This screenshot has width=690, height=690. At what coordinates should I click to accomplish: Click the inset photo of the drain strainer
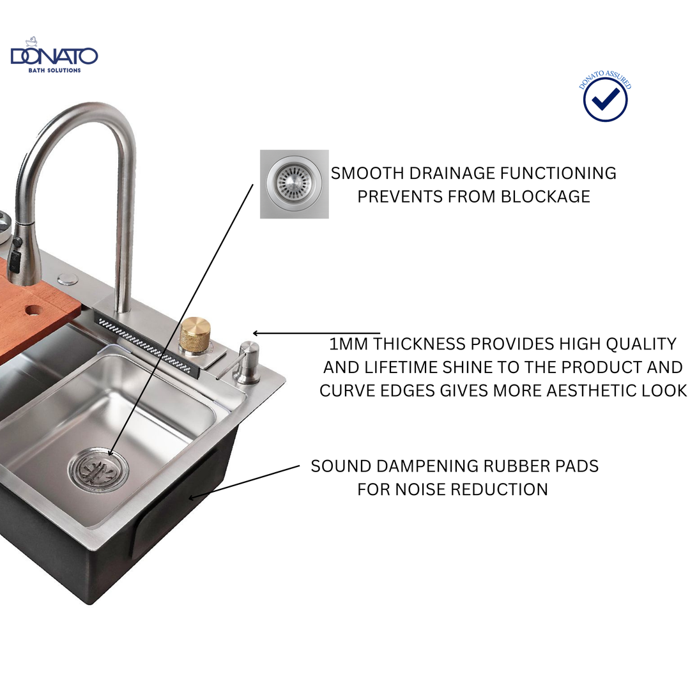pyautogui.click(x=295, y=184)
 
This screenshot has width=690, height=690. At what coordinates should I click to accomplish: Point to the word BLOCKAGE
pyautogui.click(x=545, y=196)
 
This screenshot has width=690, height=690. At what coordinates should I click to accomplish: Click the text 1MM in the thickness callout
pyautogui.click(x=349, y=344)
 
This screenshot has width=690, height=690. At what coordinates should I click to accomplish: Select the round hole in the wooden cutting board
pyautogui.click(x=34, y=311)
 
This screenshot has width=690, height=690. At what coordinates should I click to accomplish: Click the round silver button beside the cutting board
pyautogui.click(x=67, y=279)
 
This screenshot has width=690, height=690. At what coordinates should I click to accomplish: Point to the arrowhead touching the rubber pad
pyautogui.click(x=192, y=497)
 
